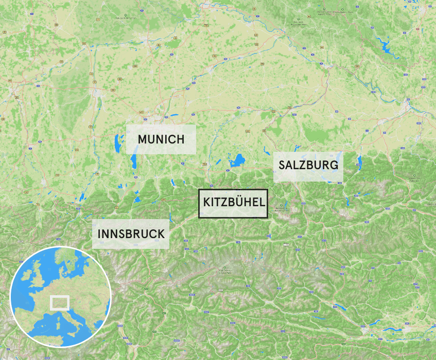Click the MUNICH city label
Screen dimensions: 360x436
click(x=161, y=139)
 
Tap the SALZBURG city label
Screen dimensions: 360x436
click(x=308, y=165)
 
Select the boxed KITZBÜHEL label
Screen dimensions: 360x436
click(x=234, y=202)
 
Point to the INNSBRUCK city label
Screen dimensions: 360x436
click(x=131, y=233)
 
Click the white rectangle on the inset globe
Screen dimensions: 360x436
click(x=59, y=302)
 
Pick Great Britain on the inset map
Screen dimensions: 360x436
click(x=41, y=270)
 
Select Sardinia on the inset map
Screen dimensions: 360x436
click(x=57, y=324)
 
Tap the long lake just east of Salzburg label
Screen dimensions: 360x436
click(x=359, y=163)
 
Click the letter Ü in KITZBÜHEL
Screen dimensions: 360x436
click(x=241, y=202)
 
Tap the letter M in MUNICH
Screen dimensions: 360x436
click(x=143, y=139)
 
